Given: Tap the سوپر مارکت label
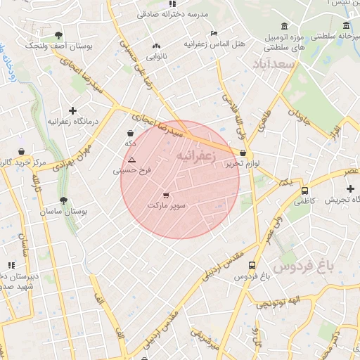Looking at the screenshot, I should click(x=167, y=206).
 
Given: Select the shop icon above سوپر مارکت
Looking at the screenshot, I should click(x=166, y=195).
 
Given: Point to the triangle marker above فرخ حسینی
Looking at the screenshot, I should click(x=131, y=160).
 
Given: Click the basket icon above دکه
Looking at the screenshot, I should click(x=130, y=133).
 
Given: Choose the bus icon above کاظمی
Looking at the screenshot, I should click(x=304, y=191).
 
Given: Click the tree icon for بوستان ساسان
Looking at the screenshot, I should click(x=63, y=200).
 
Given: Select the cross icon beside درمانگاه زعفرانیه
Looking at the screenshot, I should click(x=72, y=110).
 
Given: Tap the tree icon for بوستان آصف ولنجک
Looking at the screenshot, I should click(x=58, y=35).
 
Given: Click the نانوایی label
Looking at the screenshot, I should click(x=156, y=56).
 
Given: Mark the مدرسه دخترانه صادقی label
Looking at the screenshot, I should click(x=182, y=13).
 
